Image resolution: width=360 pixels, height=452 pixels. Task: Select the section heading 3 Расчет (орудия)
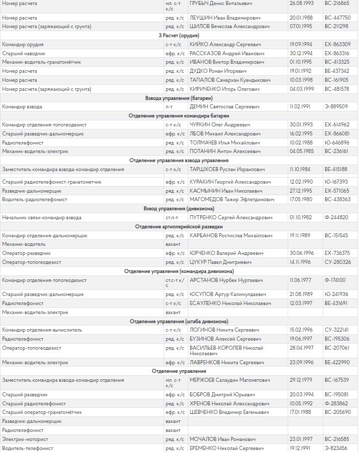tap(179, 35)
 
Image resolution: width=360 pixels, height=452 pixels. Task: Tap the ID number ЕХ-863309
tap(337, 44)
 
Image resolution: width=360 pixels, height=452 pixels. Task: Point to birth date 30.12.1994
tap(301, 53)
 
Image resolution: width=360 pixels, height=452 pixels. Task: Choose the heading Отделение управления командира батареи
tap(179, 116)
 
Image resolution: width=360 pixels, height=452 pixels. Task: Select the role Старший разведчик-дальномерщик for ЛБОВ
tap(43, 134)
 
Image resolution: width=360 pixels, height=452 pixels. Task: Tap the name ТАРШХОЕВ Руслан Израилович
tap(227, 170)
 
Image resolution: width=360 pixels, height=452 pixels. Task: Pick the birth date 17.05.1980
tap(301, 200)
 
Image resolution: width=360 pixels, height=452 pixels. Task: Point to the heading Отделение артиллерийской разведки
tap(179, 227)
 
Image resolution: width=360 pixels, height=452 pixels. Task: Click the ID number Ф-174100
tap(336, 280)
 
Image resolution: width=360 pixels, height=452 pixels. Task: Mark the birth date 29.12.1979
tap(301, 380)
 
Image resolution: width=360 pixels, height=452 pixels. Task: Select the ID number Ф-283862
tap(336, 403)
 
